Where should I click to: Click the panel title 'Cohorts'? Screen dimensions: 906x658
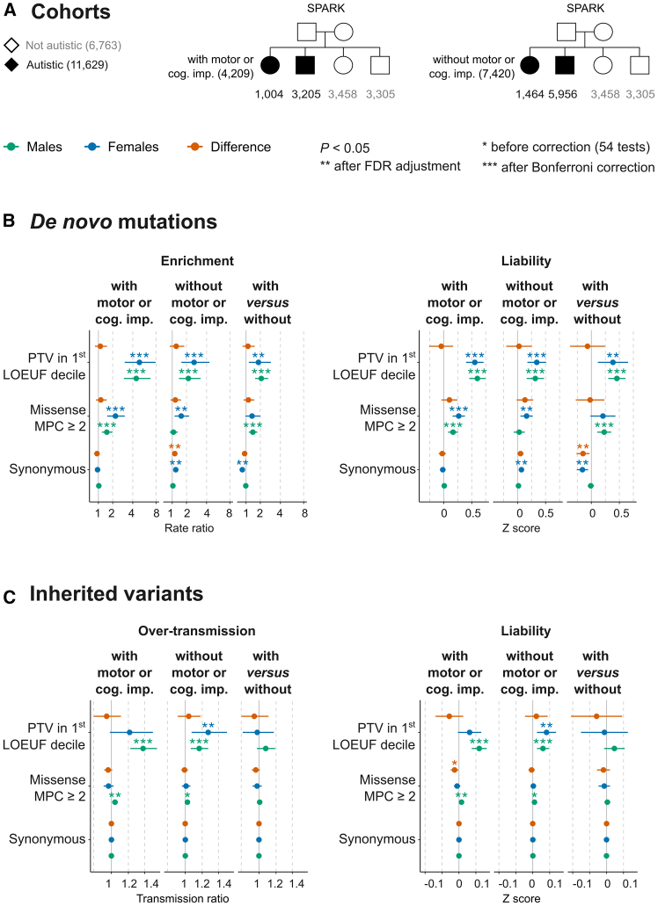click(x=69, y=15)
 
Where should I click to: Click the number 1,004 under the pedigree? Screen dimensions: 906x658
click(x=270, y=92)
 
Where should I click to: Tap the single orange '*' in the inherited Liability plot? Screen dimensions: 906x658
click(x=454, y=764)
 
